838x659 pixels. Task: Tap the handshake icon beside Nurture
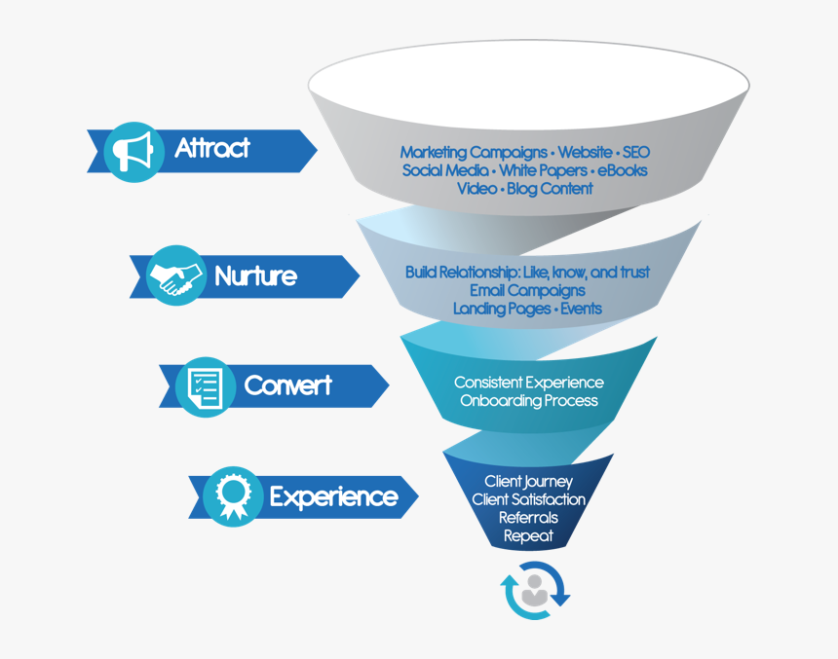coord(175,276)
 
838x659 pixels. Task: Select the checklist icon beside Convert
coord(206,385)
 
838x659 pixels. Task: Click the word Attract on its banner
coord(212,149)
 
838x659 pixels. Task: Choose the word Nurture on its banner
coord(255,276)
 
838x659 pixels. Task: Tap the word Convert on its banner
coord(287,385)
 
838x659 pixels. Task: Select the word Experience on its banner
coord(333,497)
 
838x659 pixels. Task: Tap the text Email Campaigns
coord(527,291)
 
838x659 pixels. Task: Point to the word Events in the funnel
coord(581,309)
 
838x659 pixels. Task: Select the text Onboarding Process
coord(529,400)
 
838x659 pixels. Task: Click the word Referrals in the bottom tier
coord(528,517)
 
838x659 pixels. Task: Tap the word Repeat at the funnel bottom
coord(528,534)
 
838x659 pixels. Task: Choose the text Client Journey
coord(528,482)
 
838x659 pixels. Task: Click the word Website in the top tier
coord(585,153)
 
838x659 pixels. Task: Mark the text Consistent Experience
coord(529,383)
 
